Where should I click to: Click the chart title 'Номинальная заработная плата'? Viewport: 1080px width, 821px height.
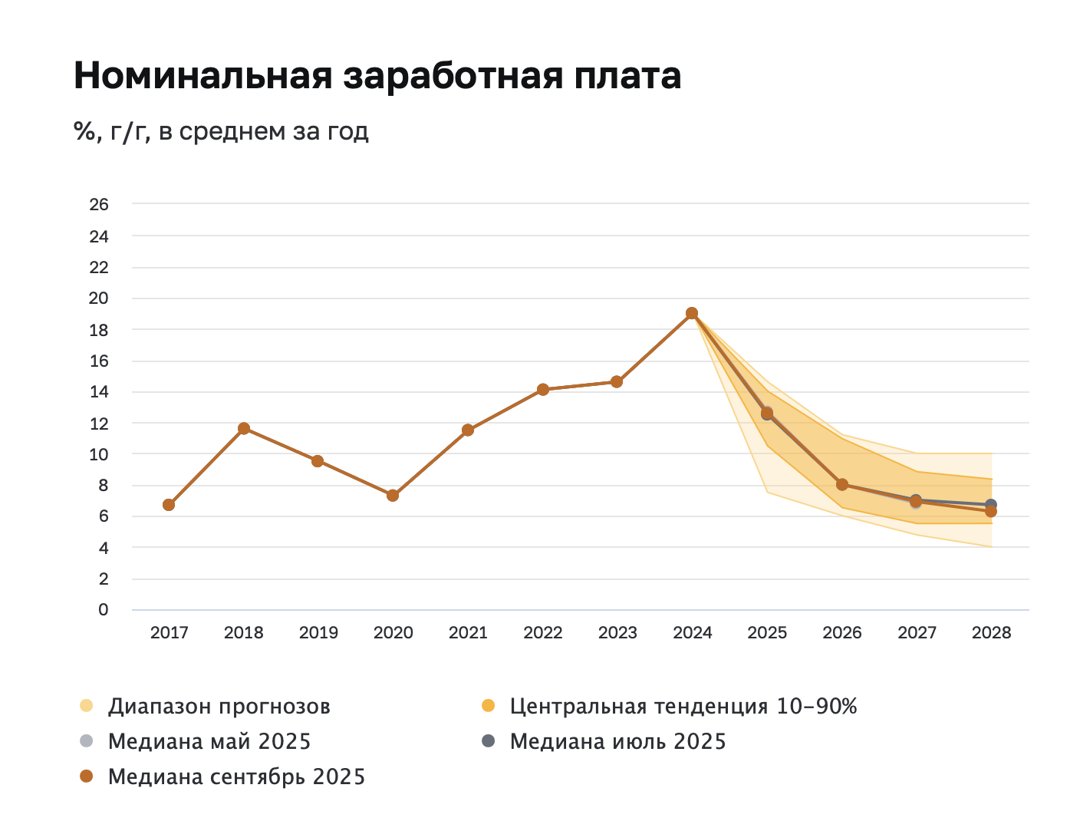tap(377, 76)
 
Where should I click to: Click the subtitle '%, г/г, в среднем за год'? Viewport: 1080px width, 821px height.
tap(221, 131)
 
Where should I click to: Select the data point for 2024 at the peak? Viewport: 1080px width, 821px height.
tap(692, 313)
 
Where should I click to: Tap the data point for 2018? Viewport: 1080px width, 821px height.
tap(244, 428)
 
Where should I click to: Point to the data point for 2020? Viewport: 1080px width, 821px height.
tap(393, 496)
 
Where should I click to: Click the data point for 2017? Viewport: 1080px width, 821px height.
tap(169, 505)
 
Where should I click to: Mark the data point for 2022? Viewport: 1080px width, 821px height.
tap(543, 390)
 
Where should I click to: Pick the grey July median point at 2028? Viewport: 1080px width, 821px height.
tap(991, 504)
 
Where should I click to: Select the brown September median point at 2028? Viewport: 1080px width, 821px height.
tap(991, 512)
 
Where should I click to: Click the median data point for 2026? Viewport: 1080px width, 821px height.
tap(842, 484)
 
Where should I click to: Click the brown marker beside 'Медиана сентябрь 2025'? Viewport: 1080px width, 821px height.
tap(87, 776)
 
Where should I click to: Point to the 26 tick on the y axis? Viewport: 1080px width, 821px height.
tap(99, 205)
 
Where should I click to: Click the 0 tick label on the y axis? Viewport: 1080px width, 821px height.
tap(104, 610)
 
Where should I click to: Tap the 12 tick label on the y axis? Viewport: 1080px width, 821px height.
tap(99, 424)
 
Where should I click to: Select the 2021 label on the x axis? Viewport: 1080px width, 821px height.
tap(468, 633)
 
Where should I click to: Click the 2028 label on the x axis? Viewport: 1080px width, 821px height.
tap(991, 633)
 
